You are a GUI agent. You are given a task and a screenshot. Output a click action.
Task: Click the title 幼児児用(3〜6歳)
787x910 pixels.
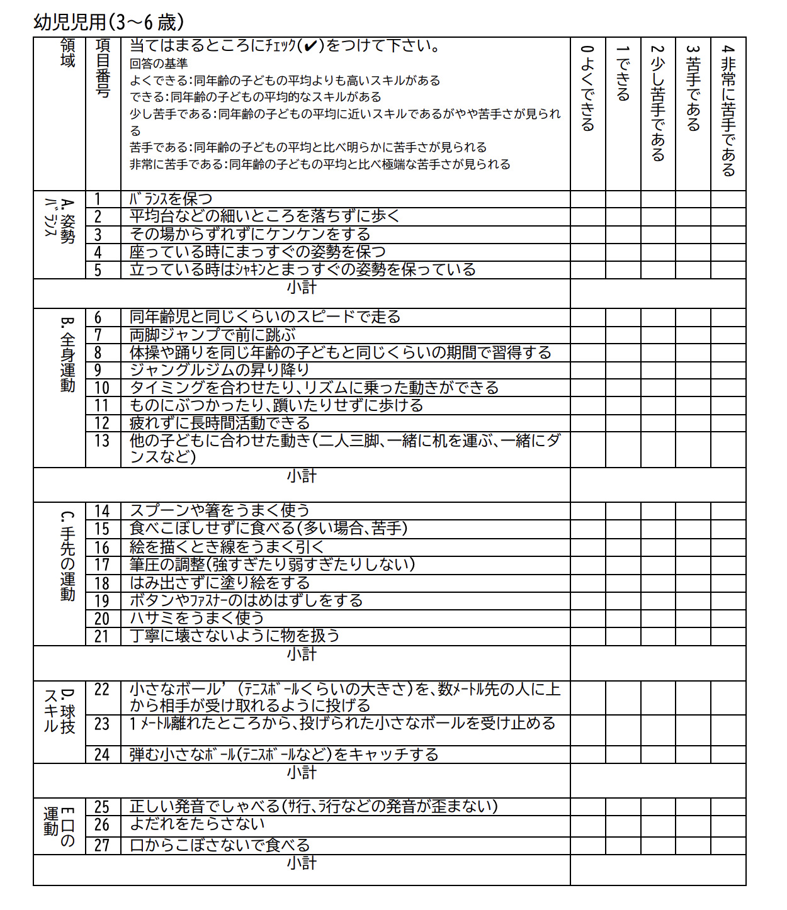(x=108, y=22)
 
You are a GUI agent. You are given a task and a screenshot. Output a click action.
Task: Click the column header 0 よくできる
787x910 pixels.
(x=587, y=88)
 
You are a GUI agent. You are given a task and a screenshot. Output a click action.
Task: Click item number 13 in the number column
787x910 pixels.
(x=103, y=441)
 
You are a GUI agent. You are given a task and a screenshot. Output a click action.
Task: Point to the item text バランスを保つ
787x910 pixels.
(x=171, y=199)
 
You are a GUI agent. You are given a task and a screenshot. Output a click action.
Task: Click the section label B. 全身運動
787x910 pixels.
(x=67, y=354)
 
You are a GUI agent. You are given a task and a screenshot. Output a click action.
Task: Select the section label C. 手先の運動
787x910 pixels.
(x=67, y=556)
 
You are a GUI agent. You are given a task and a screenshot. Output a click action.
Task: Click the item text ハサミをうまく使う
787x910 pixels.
(x=197, y=618)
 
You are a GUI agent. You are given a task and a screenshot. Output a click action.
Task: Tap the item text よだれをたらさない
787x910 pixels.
(x=197, y=824)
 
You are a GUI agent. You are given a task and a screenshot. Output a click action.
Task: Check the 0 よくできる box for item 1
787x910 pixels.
(x=588, y=199)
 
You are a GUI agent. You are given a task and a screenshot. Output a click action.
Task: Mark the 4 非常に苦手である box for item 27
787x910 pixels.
(x=728, y=845)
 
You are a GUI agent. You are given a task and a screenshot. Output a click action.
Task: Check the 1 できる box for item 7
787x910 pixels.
(x=623, y=335)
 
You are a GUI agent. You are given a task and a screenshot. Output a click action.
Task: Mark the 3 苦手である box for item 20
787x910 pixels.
(x=693, y=618)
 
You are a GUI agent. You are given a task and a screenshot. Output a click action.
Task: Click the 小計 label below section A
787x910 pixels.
(x=302, y=288)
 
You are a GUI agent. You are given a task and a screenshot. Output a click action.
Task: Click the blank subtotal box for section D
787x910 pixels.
(x=658, y=780)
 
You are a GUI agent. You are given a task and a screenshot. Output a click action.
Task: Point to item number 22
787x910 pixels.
(x=103, y=690)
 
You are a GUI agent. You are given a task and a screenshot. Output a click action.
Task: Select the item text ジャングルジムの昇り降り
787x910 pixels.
(x=220, y=370)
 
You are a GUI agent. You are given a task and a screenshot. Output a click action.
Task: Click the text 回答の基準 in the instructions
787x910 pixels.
(x=159, y=64)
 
